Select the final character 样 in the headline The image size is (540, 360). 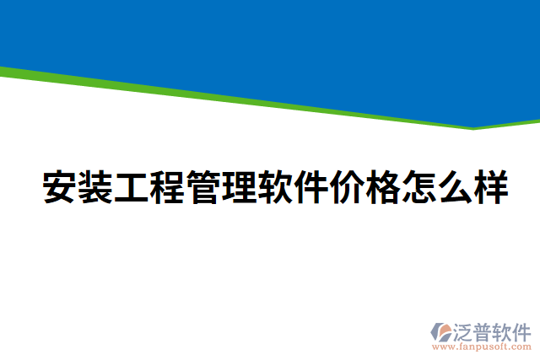coord(492,188)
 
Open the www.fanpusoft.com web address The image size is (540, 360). coord(483,347)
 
